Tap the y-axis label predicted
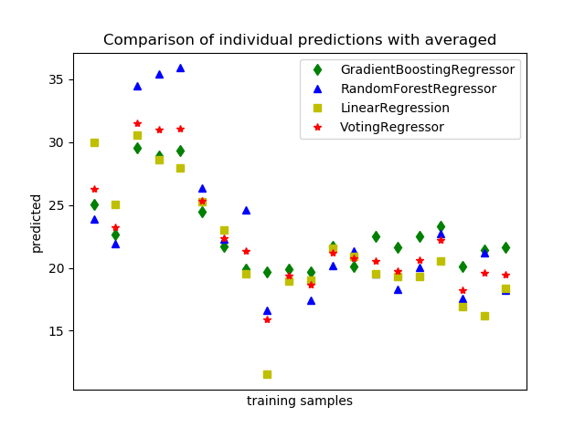pyautogui.click(x=37, y=222)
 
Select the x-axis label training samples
pyautogui.click(x=299, y=401)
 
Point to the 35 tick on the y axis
pyautogui.click(x=56, y=79)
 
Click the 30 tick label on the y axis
pyautogui.click(x=56, y=142)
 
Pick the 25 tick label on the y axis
pyautogui.click(x=56, y=205)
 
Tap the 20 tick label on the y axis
pyautogui.click(x=56, y=268)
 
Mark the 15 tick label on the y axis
pyautogui.click(x=56, y=331)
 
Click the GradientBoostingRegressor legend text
pyautogui.click(x=427, y=69)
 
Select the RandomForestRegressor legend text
pyautogui.click(x=418, y=89)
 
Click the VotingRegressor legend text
pyautogui.click(x=392, y=127)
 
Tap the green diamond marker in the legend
pyautogui.click(x=317, y=69)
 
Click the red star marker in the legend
pyautogui.click(x=317, y=127)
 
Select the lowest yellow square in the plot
pyautogui.click(x=267, y=374)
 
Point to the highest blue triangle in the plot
pyautogui.click(x=180, y=68)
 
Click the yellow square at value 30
pyautogui.click(x=94, y=142)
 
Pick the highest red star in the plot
pyautogui.click(x=137, y=123)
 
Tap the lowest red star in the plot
pyautogui.click(x=267, y=319)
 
